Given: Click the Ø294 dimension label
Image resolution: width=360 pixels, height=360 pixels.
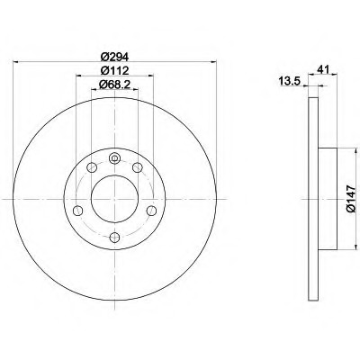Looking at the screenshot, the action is point(114,56).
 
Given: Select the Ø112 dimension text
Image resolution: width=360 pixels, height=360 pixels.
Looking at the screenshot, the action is point(114,70).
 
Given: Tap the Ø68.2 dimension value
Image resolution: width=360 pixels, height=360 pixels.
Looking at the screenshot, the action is point(114,85).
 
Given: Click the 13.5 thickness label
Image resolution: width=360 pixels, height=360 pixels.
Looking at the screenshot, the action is point(290,81).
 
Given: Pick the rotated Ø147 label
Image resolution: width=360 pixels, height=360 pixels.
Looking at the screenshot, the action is point(351,199).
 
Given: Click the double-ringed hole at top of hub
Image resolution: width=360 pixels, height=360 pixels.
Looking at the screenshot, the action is point(114,158).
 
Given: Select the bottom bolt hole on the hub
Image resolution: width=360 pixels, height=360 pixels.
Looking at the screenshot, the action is point(114,238).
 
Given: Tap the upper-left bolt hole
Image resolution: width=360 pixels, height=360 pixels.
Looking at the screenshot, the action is point(92,167).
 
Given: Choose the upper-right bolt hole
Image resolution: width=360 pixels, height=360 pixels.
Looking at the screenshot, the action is point(138,167).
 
